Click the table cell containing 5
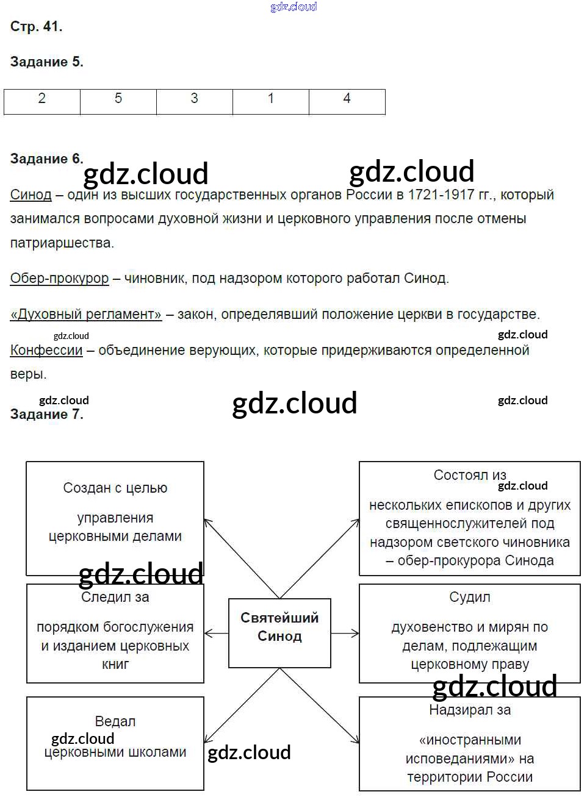(118, 101)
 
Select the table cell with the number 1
(271, 101)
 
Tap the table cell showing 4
(347, 101)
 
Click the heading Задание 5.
(46, 62)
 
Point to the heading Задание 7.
(46, 415)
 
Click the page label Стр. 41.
(36, 26)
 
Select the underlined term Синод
(31, 195)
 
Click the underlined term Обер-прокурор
(59, 279)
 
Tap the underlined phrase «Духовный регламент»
(86, 315)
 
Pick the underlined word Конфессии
(46, 351)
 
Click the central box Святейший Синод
(279, 633)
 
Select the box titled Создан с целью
(115, 518)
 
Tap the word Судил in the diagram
(469, 598)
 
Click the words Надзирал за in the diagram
(469, 710)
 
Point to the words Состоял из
(469, 475)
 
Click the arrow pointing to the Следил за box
(215, 634)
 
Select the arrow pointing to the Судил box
(345, 634)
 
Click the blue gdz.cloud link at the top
(293, 7)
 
